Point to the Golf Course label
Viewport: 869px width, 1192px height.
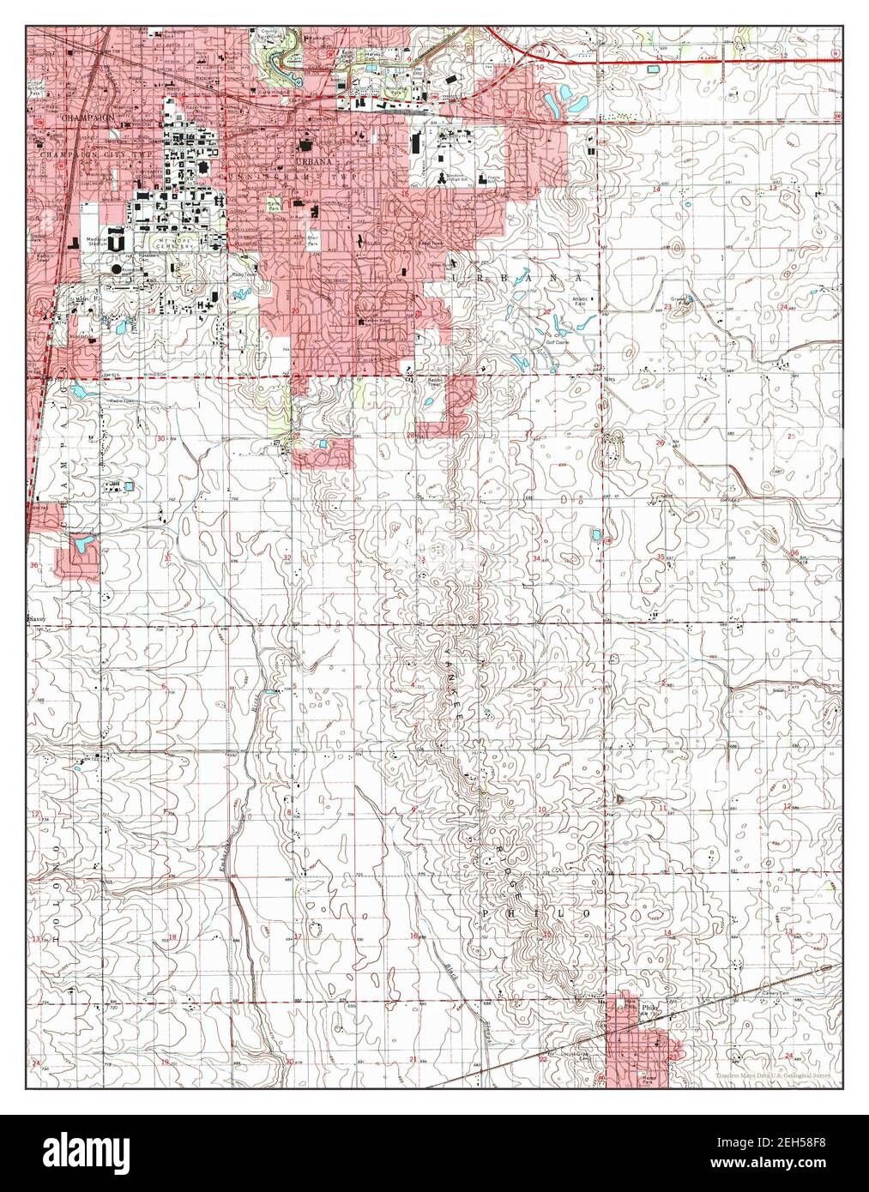click(x=562, y=341)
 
